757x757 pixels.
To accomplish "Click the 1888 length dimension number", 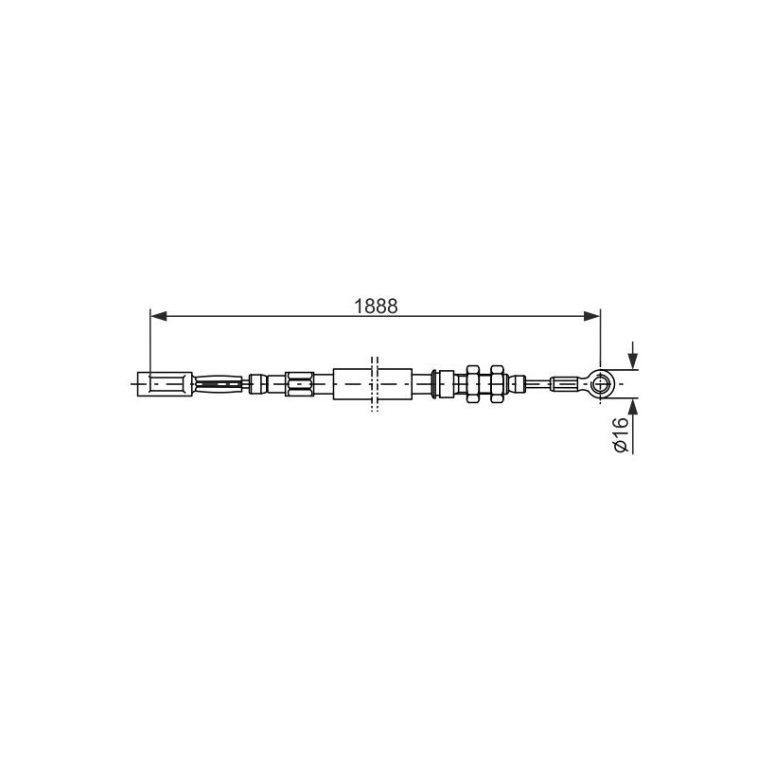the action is pos(376,306).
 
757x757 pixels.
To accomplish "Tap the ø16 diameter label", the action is pos(621,434).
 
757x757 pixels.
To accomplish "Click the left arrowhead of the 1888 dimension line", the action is pos(159,316).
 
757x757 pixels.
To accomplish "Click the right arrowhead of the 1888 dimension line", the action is pos(592,316).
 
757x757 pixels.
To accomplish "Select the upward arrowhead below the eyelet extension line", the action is pos(632,407).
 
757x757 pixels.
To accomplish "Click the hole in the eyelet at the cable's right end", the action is pos(600,384).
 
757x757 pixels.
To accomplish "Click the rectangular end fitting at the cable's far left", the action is pos(165,384).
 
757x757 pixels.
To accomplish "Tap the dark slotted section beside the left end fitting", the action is pos(218,384).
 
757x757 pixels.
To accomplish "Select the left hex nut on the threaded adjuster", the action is pos(472,384).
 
